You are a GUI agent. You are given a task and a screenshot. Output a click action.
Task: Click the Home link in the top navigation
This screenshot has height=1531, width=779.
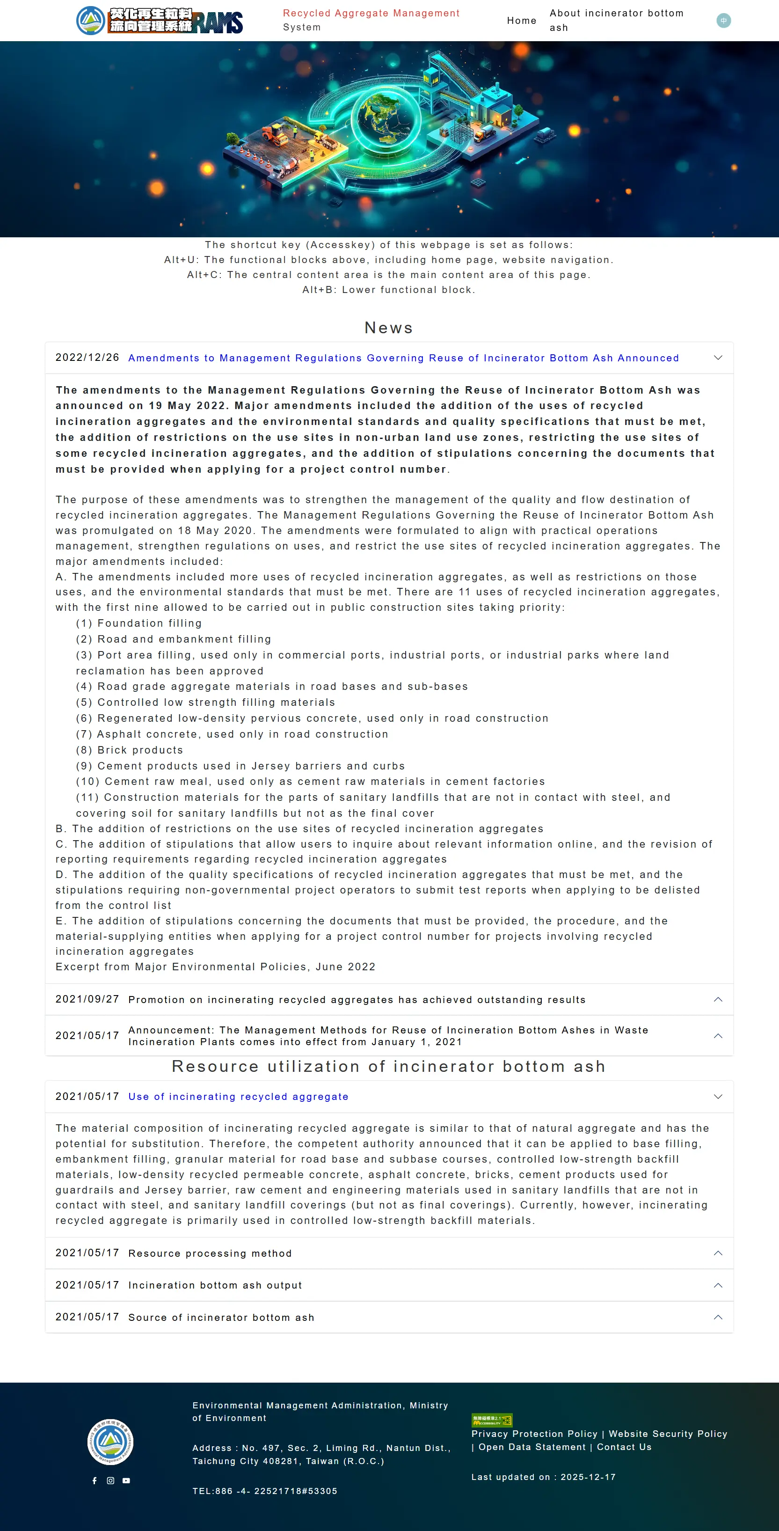521,21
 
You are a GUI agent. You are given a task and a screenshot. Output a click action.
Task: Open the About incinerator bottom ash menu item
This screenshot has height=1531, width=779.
616,20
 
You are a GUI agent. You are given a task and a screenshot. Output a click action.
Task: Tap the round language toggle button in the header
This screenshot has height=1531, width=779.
723,21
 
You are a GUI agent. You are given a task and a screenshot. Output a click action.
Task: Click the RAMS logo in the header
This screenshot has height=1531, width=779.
159,21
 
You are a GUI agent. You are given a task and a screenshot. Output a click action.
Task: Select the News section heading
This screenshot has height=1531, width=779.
389,328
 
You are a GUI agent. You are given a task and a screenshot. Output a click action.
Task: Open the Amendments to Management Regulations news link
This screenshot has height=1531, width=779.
403,358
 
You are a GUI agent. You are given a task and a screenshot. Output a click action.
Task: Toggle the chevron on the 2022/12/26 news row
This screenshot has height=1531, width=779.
718,358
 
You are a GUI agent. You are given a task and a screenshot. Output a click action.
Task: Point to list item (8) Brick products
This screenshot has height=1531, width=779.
130,750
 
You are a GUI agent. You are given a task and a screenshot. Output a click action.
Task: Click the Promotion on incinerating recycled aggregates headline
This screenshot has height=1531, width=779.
357,1000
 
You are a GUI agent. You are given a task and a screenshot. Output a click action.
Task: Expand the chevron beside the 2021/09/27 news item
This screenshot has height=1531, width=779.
718,1000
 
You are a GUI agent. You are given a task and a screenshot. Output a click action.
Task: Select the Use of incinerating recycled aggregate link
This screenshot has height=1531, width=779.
238,1097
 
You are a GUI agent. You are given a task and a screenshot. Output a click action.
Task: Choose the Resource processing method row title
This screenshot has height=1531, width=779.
210,1253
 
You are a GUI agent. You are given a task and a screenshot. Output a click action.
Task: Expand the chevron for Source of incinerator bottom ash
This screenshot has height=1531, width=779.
718,1318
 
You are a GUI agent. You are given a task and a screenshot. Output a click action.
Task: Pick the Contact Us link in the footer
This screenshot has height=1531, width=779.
624,1447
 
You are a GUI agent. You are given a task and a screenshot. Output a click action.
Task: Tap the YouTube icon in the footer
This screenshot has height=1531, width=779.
126,1480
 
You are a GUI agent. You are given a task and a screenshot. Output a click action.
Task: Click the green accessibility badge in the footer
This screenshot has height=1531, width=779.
491,1421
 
